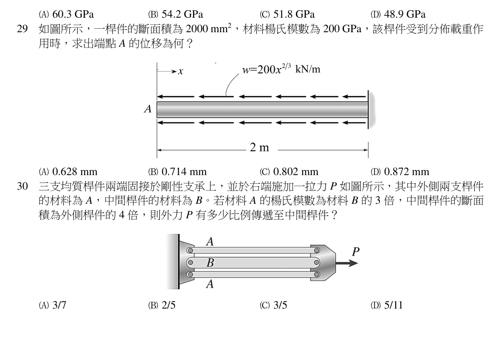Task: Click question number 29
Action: (x=22, y=29)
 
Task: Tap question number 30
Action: (x=22, y=186)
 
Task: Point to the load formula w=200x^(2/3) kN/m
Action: (x=281, y=69)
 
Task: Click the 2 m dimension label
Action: (x=259, y=147)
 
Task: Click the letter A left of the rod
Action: (x=148, y=109)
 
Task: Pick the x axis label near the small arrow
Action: (x=181, y=71)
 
